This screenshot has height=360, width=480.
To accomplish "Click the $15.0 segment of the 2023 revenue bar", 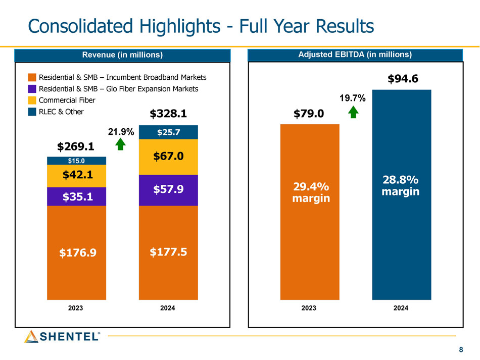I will (x=76, y=161).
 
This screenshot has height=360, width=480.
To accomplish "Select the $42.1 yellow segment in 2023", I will (x=76, y=176).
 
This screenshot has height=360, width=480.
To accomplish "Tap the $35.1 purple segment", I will (x=76, y=196).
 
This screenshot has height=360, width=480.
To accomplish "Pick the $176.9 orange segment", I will (x=76, y=252).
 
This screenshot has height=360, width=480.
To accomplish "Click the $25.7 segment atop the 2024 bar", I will (x=168, y=132).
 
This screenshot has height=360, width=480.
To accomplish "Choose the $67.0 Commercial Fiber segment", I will (x=168, y=157).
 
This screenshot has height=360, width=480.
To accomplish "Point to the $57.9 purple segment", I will (x=168, y=190).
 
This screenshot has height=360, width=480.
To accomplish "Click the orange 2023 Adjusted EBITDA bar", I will (x=310, y=212).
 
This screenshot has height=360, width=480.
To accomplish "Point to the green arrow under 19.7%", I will (x=353, y=112).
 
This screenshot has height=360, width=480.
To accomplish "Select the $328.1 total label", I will (x=168, y=114).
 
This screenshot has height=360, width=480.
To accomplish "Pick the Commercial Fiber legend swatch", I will (x=32, y=100).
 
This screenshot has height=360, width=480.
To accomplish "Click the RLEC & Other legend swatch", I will (x=32, y=112).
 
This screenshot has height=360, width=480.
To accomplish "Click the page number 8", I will (x=460, y=350).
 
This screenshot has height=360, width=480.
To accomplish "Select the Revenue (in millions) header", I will (x=122, y=55).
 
